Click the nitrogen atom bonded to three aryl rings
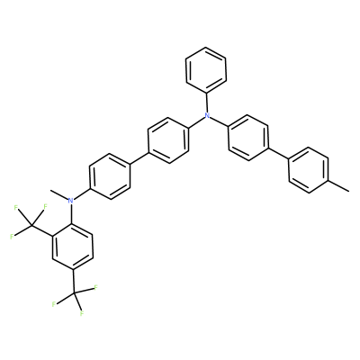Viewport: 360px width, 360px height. (x=206, y=115)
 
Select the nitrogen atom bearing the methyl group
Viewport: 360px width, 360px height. (x=71, y=201)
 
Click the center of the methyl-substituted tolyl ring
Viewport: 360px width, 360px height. (x=309, y=170)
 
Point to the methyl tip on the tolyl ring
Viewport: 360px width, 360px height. (x=348, y=191)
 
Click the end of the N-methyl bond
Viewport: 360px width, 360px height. (x=51, y=190)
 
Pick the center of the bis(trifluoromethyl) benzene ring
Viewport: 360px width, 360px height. (x=73, y=246)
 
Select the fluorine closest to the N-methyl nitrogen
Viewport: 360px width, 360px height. (x=46, y=206)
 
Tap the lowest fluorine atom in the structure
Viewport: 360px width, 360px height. (x=81, y=314)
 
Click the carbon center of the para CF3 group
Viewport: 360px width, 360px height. (x=74, y=292)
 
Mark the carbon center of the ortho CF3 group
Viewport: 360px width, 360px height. (x=31, y=226)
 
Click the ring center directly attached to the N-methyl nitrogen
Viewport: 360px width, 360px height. (x=110, y=176)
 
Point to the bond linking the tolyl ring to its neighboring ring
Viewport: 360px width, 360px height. (x=278, y=153)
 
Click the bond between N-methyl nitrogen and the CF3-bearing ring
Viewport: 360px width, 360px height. (x=71, y=213)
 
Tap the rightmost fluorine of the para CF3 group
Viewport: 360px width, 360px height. (x=96, y=288)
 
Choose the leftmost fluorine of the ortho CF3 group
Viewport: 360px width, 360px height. (x=12, y=237)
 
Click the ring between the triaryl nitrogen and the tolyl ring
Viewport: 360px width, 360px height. (x=247, y=138)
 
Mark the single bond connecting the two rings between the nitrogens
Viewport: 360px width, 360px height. (x=139, y=159)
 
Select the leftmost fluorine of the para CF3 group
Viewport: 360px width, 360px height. (x=54, y=304)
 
